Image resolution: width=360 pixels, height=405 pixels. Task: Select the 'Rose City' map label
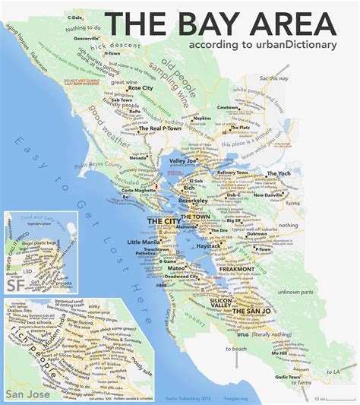click(x=139, y=88)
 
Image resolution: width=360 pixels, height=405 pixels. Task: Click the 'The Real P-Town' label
click(x=159, y=129)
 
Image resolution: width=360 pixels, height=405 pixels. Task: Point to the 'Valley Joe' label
click(x=184, y=161)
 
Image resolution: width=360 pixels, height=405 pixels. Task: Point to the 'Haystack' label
click(x=209, y=247)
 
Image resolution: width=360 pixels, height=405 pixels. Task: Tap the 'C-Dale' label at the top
click(x=75, y=17)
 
